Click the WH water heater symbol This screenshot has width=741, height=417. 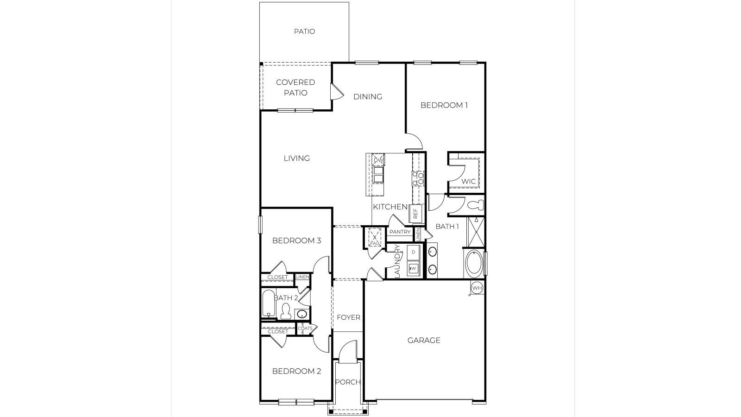(x=477, y=288)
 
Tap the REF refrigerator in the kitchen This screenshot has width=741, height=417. (x=415, y=213)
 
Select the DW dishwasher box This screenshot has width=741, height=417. (x=378, y=160)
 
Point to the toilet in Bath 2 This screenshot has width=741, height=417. (x=285, y=311)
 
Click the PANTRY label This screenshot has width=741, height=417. (x=400, y=232)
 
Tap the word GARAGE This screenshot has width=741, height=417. (x=424, y=340)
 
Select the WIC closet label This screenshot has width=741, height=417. (x=468, y=181)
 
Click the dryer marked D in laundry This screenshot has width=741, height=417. (x=413, y=252)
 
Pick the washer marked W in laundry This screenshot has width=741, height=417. (x=413, y=268)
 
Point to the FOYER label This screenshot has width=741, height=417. (x=348, y=317)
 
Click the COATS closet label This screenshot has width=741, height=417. (x=305, y=329)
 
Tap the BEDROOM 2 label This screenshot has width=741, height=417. (x=296, y=371)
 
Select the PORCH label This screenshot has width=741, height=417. (x=347, y=382)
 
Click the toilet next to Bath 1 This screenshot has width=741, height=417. (x=475, y=205)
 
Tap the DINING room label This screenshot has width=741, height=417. (x=368, y=96)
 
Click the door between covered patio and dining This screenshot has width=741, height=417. (x=335, y=92)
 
